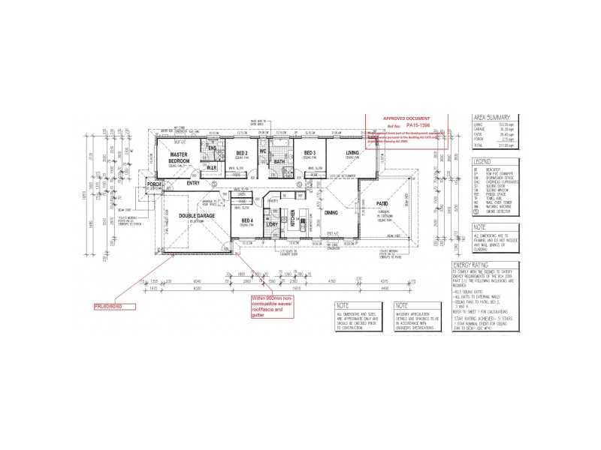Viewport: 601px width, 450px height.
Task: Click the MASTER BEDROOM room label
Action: [178, 158]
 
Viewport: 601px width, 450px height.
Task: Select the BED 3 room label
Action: [308, 153]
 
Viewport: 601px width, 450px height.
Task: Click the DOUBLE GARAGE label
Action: [197, 215]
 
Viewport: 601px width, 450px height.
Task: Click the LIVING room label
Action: [352, 153]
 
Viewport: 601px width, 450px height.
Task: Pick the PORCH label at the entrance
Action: [155, 184]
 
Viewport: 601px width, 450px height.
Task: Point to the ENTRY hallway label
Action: [193, 182]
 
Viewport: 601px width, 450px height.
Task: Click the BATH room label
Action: [279, 161]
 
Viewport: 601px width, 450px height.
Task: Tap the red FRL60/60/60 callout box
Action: [113, 306]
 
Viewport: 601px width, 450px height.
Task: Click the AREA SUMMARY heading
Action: [491, 118]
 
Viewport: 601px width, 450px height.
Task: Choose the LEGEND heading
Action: [482, 161]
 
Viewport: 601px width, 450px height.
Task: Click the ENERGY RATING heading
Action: [472, 265]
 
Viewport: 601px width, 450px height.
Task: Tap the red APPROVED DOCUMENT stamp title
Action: [406, 118]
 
